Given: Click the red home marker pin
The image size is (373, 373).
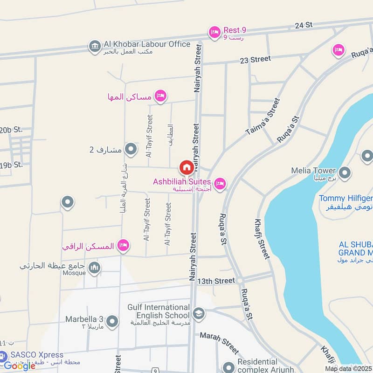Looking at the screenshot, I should pyautogui.click(x=186, y=167).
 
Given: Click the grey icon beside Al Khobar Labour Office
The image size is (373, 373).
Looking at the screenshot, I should pyautogui.click(x=95, y=46).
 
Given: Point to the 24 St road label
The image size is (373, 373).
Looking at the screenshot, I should pyautogui.click(x=303, y=26).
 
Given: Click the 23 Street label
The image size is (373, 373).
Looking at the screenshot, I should pyautogui.click(x=255, y=59).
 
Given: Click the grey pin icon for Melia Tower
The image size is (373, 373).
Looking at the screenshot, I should pyautogui.click(x=345, y=173).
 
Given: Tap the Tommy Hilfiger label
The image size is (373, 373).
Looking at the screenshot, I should pyautogui.click(x=346, y=199).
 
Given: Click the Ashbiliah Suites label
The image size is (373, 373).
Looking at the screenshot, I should pyautogui.click(x=182, y=181).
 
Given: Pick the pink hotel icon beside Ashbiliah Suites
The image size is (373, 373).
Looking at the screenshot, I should pyautogui.click(x=221, y=184).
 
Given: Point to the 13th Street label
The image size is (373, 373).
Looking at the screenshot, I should pyautogui.click(x=216, y=281).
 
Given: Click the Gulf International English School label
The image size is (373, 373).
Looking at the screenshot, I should pyautogui.click(x=159, y=311).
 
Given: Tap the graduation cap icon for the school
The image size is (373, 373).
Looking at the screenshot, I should pyautogui.click(x=199, y=313).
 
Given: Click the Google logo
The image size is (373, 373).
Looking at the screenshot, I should pyautogui.click(x=20, y=366).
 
